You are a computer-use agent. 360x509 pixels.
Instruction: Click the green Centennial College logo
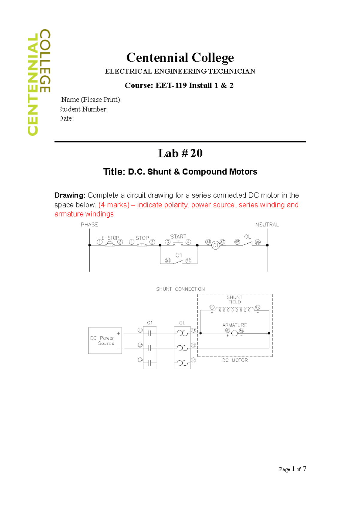(x=39, y=82)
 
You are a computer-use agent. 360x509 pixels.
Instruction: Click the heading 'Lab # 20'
(x=180, y=153)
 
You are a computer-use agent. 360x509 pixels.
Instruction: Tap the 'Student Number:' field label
(x=84, y=109)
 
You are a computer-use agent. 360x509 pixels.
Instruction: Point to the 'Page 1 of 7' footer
(x=292, y=469)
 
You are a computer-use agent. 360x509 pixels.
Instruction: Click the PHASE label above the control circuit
(x=89, y=225)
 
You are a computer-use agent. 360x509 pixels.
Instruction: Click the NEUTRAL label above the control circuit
(x=267, y=225)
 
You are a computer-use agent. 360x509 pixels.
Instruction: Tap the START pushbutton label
(x=178, y=237)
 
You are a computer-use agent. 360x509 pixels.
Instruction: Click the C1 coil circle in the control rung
(x=215, y=246)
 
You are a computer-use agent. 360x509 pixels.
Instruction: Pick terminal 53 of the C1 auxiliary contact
(x=168, y=261)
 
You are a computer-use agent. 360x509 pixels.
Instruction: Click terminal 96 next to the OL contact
(x=258, y=242)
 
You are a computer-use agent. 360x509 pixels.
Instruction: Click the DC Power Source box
(x=105, y=341)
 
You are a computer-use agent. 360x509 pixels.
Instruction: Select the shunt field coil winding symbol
(x=235, y=309)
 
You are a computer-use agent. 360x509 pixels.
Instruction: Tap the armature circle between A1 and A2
(x=235, y=333)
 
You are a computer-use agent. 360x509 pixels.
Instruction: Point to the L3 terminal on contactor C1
(x=140, y=360)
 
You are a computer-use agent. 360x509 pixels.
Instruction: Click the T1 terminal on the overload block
(x=193, y=330)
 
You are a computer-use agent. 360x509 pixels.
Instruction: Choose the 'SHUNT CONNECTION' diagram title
(x=180, y=289)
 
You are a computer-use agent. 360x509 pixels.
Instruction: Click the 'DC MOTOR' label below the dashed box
(x=235, y=360)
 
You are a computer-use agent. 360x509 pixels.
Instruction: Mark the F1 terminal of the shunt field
(x=212, y=307)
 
